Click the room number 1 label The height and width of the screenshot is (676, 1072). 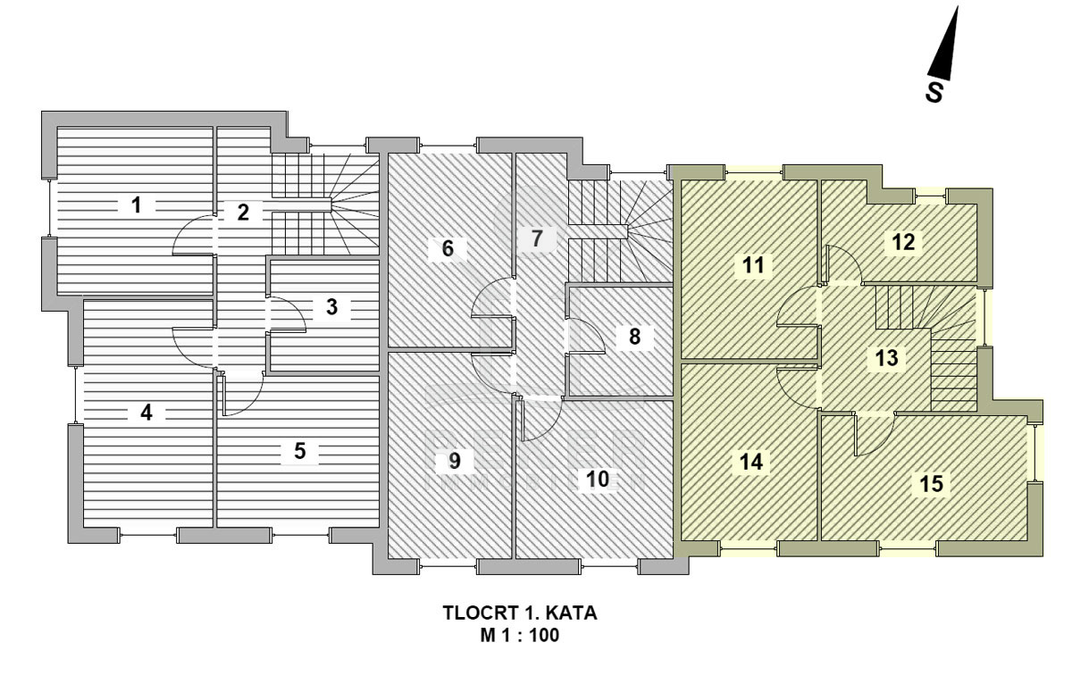136,205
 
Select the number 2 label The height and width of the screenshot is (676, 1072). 243,213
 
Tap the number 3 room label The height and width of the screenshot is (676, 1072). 331,308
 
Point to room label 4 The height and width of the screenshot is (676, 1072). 147,413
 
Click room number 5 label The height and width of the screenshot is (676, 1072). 300,452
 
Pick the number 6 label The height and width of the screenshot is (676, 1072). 448,248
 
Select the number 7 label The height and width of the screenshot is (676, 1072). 536,238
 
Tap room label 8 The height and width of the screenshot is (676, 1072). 634,337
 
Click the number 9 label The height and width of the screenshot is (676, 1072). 455,461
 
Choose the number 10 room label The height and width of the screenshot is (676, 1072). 598,480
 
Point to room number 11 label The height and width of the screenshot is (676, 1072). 753,264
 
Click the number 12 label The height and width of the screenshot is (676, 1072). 903,241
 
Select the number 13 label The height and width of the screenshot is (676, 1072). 886,359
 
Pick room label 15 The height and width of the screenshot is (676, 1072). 931,483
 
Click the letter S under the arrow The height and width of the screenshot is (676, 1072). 934,92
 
